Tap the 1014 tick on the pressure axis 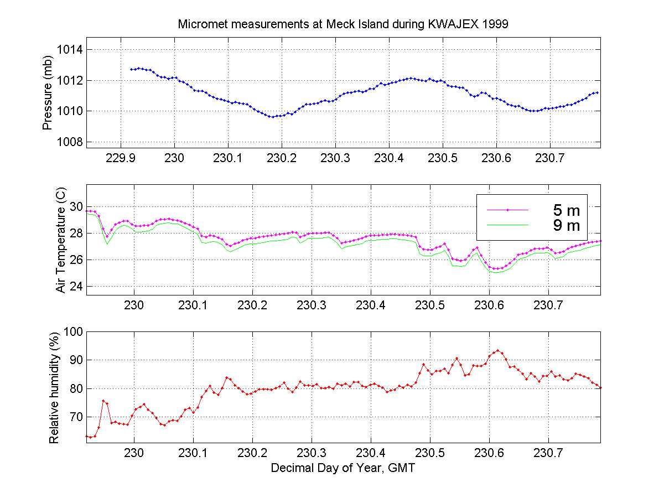(x=70, y=50)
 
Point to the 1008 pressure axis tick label (x=70, y=142)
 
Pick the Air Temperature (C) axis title (x=61, y=240)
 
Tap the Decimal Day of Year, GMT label (x=343, y=468)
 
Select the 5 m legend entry (x=564, y=210)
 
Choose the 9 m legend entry (x=564, y=225)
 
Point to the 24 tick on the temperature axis (x=76, y=287)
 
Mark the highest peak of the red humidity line (x=498, y=350)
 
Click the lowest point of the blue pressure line (x=272, y=117)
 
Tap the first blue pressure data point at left (x=131, y=69)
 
